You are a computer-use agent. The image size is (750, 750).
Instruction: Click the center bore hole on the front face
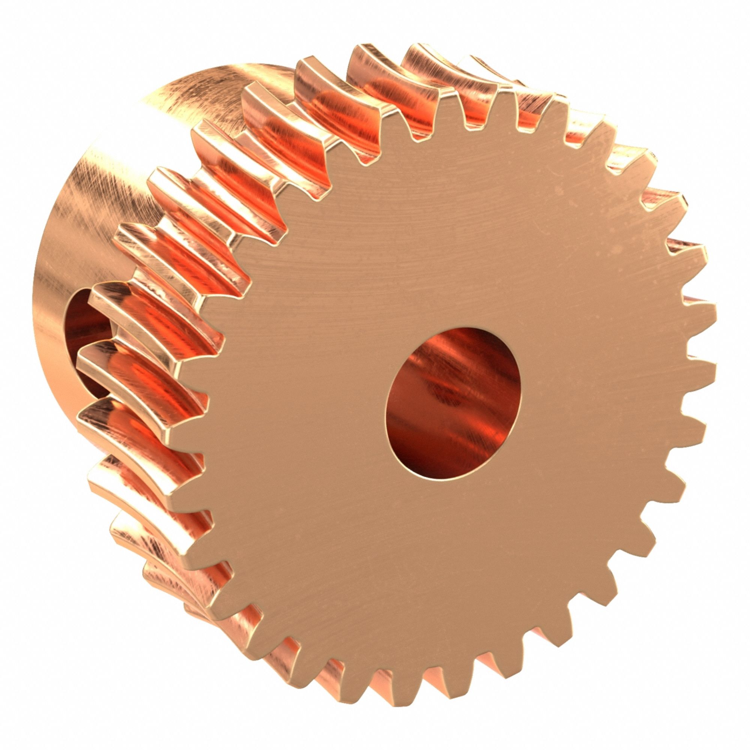(453, 404)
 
